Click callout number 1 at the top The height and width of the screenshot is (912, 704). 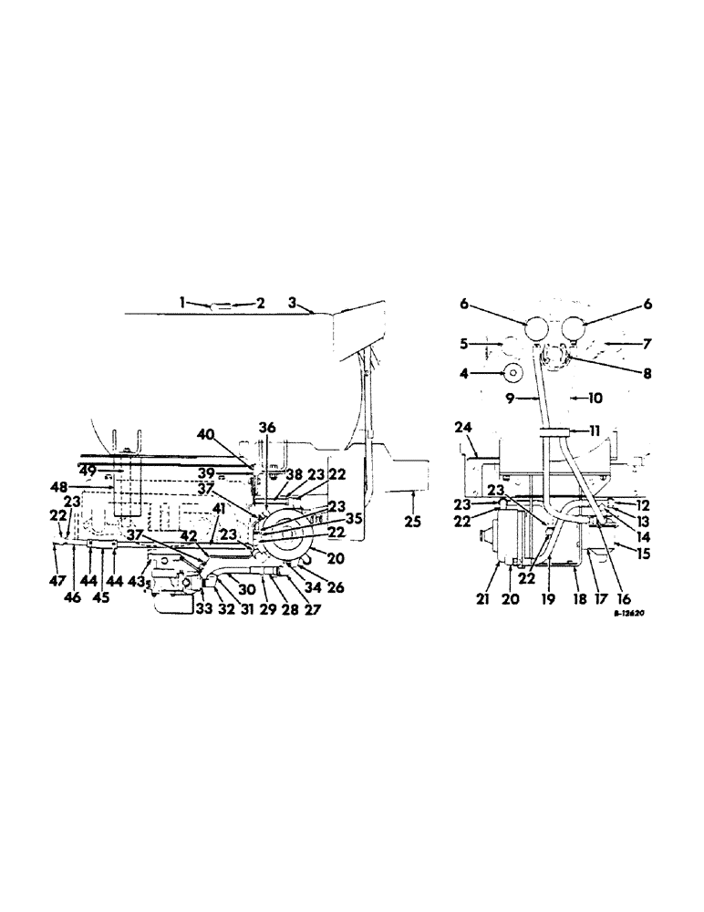click(x=182, y=302)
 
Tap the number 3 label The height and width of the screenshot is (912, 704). click(x=294, y=302)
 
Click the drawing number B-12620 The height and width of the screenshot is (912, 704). click(x=629, y=615)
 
